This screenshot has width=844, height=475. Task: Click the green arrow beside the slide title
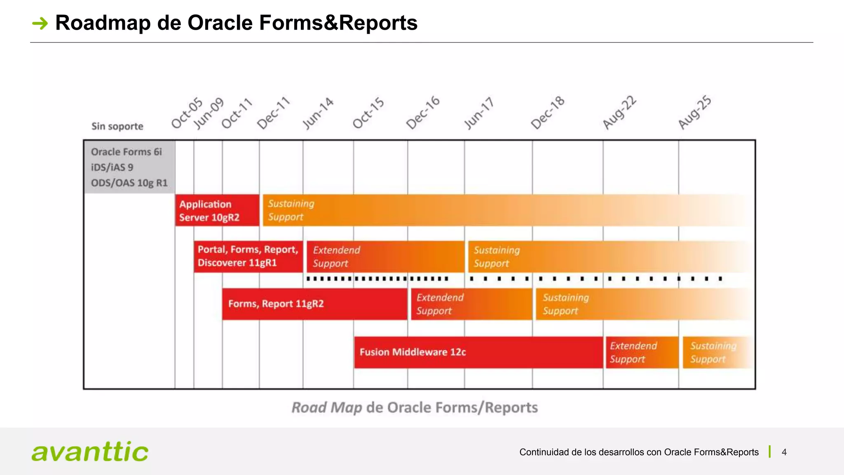pyautogui.click(x=40, y=23)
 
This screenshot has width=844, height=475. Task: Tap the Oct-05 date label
pyautogui.click(x=187, y=113)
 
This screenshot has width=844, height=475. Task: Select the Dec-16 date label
pyautogui.click(x=423, y=113)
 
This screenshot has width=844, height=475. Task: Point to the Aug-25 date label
pyautogui.click(x=695, y=112)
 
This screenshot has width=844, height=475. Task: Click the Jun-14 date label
pyautogui.click(x=318, y=113)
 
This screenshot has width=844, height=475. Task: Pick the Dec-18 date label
pyautogui.click(x=547, y=113)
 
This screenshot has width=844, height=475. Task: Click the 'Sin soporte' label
pyautogui.click(x=117, y=126)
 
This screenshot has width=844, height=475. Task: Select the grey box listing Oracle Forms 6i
pyautogui.click(x=129, y=167)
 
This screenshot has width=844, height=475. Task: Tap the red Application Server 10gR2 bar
pyautogui.click(x=217, y=210)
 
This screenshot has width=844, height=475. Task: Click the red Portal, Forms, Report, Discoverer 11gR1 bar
pyautogui.click(x=248, y=256)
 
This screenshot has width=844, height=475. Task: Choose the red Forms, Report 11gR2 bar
pyautogui.click(x=314, y=304)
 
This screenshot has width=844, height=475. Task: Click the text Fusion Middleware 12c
pyautogui.click(x=413, y=352)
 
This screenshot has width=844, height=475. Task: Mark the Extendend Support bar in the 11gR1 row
pyautogui.click(x=385, y=256)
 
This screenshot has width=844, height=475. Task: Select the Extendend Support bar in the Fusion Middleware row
pyautogui.click(x=642, y=352)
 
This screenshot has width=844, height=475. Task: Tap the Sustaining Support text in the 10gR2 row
pyautogui.click(x=291, y=210)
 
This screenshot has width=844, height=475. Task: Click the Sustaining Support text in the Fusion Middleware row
pyautogui.click(x=713, y=352)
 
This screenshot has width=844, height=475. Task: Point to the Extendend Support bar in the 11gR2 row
pyautogui.click(x=471, y=304)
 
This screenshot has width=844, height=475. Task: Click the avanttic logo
pyautogui.click(x=90, y=451)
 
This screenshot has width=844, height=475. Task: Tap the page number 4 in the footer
pyautogui.click(x=784, y=452)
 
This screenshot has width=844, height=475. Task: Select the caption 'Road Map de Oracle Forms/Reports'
pyautogui.click(x=415, y=407)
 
